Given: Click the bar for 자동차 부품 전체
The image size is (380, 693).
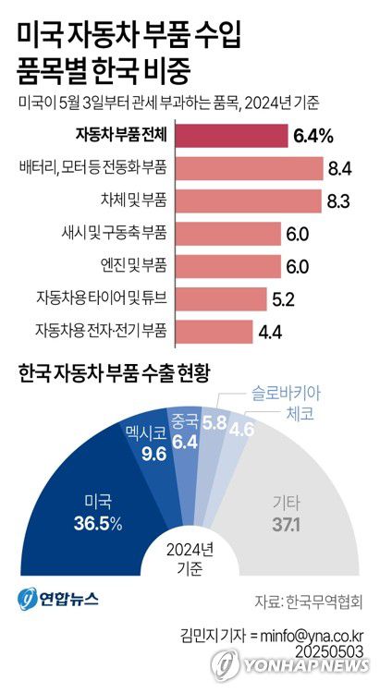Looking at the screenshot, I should pos(230,136).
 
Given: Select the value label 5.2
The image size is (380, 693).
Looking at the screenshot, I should pos(286,299).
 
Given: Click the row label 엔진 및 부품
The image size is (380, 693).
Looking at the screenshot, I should pos(126,266).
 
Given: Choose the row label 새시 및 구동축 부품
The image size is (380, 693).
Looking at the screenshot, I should pos(110,234).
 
